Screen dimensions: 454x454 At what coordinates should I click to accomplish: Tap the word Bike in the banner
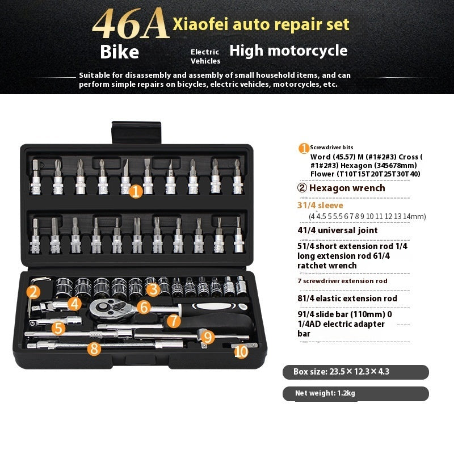point(119,52)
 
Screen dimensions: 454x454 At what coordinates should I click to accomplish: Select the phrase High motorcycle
point(288,51)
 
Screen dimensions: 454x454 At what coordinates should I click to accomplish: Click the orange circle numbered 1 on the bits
point(135,191)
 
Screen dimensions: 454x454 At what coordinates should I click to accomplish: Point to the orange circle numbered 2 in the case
point(33,292)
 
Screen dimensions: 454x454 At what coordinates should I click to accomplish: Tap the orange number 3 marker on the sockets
point(152,289)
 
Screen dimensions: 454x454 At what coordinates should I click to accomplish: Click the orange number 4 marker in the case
point(74,303)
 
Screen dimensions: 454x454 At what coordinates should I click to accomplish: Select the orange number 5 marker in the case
point(58,327)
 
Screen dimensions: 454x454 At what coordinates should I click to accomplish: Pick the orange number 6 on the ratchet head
point(144,307)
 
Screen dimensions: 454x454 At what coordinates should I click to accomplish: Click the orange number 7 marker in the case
point(174,321)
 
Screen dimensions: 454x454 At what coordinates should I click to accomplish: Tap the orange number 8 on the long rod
point(94,348)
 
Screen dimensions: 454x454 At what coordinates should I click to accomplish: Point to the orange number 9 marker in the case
point(208,337)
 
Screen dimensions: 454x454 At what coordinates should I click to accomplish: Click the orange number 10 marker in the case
point(241,351)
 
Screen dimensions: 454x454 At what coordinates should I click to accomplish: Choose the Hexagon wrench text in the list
point(348,188)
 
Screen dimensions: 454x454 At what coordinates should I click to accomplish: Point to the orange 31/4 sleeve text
point(320,205)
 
